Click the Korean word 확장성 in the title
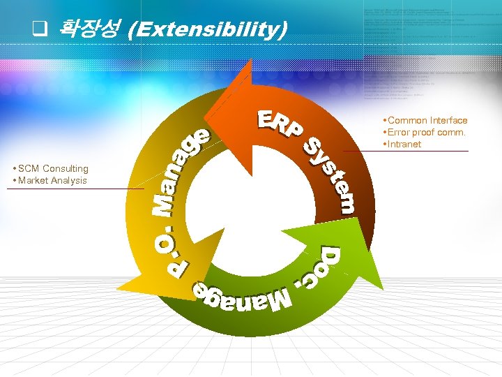click(90, 29)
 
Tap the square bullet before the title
click(40, 30)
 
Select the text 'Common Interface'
click(427, 121)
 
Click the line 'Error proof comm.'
click(426, 133)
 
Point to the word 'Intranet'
click(404, 145)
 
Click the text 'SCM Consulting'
click(53, 168)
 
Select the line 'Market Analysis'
click(52, 180)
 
